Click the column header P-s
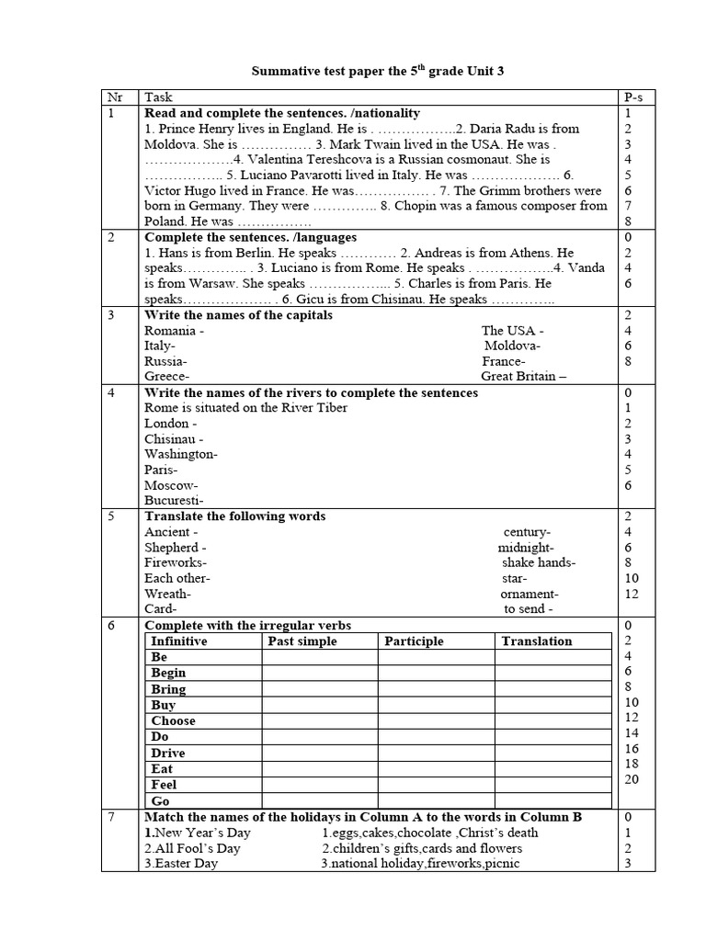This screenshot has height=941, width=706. point(633,96)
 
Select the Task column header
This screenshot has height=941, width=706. point(158,96)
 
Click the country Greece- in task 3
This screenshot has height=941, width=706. point(166,377)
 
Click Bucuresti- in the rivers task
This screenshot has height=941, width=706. point(174,501)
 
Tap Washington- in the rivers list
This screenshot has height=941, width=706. point(180,454)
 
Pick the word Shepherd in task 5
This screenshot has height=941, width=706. point(172,548)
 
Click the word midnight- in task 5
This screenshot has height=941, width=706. point(526,548)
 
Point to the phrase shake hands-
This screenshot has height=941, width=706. point(539,563)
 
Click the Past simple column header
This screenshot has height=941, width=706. point(302,641)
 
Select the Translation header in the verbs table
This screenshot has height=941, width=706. point(537,641)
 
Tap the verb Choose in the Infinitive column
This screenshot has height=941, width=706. point(173,721)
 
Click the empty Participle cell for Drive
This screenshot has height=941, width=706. point(436,753)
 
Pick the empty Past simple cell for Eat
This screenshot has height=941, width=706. point(319,769)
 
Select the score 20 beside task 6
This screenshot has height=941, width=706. point(632,779)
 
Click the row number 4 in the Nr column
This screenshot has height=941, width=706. point(111,393)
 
